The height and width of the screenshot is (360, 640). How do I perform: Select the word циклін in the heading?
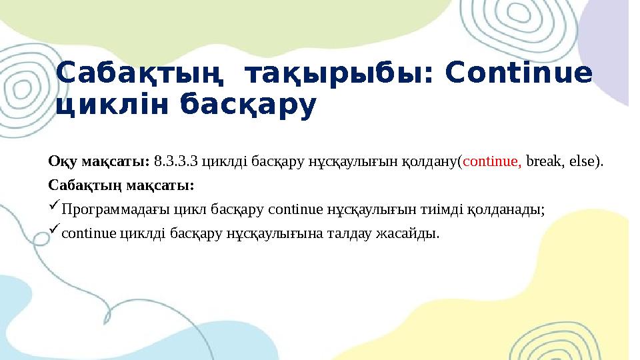pyautogui.click(x=106, y=106)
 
